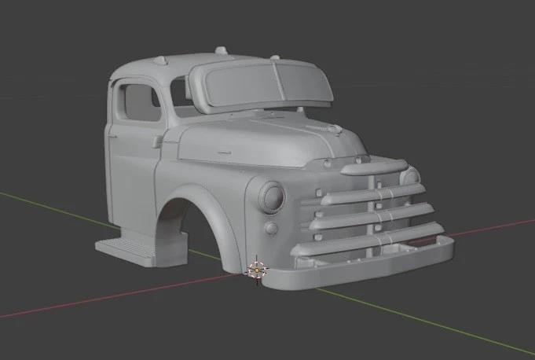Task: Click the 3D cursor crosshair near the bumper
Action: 256,270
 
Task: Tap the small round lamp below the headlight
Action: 271,229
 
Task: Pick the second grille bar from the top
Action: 369,193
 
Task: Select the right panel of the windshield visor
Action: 303,82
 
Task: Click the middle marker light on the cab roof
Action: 222,51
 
